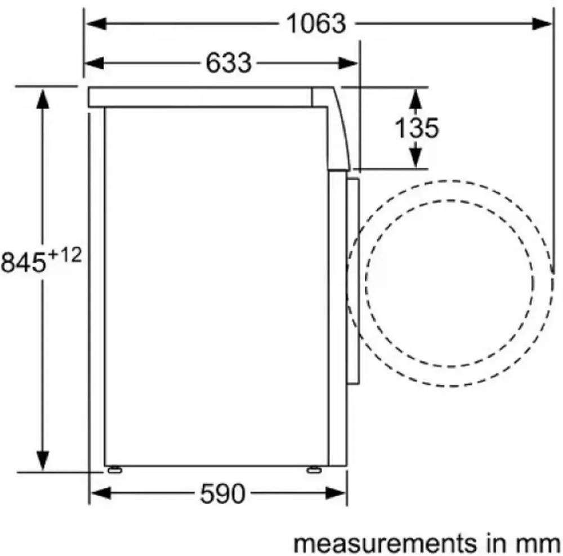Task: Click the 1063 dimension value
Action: (316, 24)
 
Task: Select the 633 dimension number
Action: (229, 63)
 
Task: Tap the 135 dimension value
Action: (417, 128)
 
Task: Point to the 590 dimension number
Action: (222, 494)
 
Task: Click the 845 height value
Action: (24, 262)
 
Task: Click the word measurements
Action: (386, 544)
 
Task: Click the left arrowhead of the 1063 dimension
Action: (96, 24)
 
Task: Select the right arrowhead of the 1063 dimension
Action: (542, 24)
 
